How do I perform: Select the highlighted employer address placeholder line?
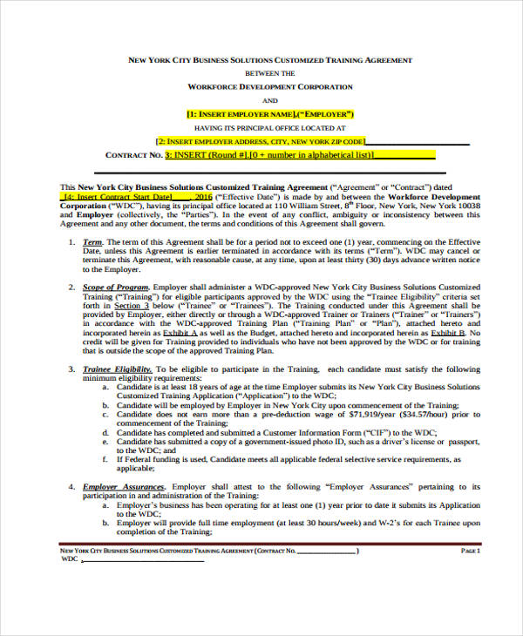[260, 141]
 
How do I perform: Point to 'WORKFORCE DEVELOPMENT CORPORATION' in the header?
[270, 87]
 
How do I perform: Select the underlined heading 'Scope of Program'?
[115, 287]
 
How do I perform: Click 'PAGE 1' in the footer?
[470, 551]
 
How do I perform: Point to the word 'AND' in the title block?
[270, 101]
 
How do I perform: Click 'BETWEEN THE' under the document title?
[270, 74]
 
